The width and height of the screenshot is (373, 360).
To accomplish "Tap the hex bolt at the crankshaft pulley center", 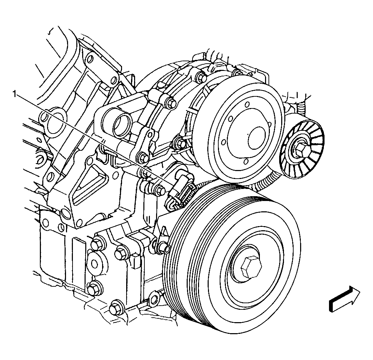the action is pyautogui.click(x=251, y=267).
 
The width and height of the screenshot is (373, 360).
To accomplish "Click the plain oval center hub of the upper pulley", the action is pyautogui.click(x=256, y=138).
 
